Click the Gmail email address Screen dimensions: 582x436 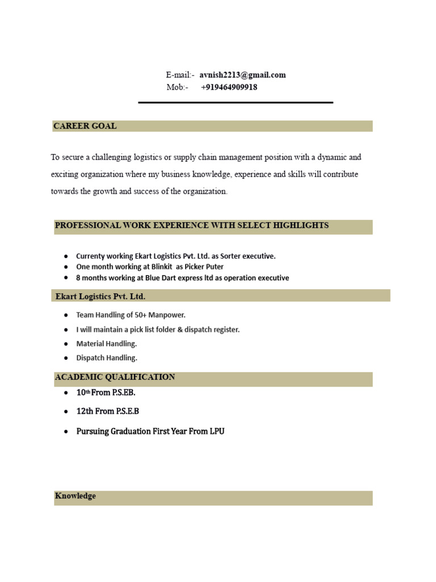tap(242, 75)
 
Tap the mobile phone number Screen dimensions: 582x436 tap(229, 88)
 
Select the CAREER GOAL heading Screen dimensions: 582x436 tap(85, 126)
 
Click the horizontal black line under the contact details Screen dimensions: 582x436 tap(236, 102)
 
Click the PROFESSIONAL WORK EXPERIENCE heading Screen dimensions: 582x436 tap(191, 226)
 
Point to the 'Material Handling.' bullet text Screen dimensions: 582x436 tap(107, 343)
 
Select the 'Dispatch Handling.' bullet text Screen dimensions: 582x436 tap(107, 358)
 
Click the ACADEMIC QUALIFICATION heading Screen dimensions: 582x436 tap(115, 377)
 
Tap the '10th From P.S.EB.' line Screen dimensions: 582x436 tap(106, 393)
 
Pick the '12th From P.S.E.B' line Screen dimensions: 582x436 tap(107, 411)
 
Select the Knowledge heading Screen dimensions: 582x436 tap(76, 496)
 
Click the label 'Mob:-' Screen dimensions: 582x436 tap(177, 88)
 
